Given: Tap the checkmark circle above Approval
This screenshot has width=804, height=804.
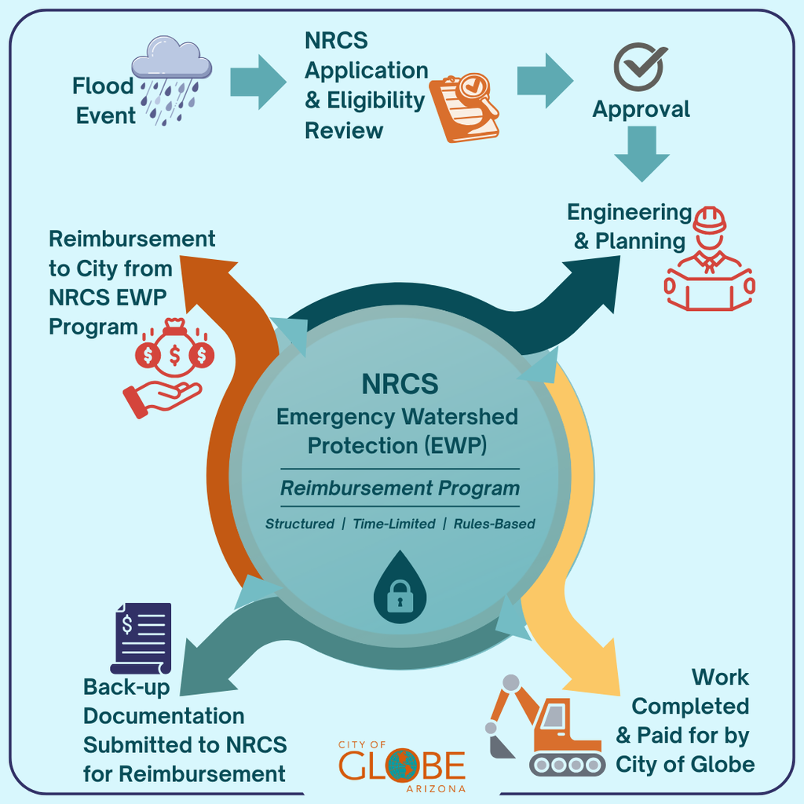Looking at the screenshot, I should [x=639, y=68].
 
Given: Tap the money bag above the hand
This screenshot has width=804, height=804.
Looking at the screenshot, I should [x=174, y=349].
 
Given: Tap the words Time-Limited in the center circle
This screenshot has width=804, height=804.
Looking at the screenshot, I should [x=393, y=524].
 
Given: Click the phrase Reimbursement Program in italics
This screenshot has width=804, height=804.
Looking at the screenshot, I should [x=400, y=488].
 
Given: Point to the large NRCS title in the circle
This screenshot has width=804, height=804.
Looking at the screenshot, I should [x=400, y=385].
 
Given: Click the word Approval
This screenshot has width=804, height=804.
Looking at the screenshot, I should [x=641, y=109].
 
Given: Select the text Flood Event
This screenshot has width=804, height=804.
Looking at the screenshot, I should [x=104, y=100].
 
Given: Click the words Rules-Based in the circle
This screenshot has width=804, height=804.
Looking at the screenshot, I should [x=495, y=524].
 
